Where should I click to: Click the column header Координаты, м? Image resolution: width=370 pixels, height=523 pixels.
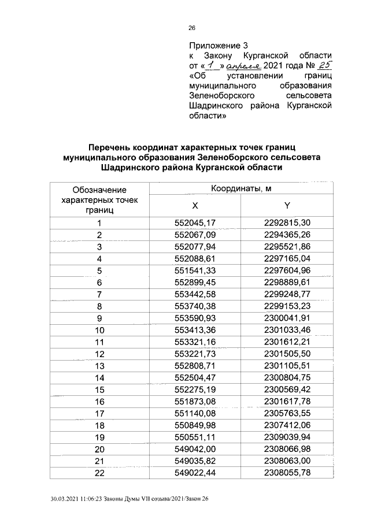point(241,189)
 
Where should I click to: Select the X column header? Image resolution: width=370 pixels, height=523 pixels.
point(195,206)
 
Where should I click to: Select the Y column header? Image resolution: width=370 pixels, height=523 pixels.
point(287,206)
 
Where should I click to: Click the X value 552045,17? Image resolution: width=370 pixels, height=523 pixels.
point(195,223)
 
